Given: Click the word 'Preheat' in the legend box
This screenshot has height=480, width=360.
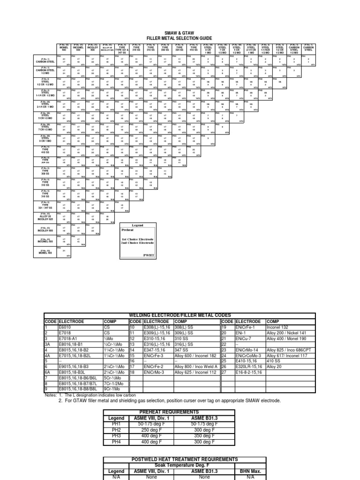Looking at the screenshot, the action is click(127, 230).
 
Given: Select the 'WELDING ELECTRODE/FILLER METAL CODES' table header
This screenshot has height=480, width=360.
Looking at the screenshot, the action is click(180, 315).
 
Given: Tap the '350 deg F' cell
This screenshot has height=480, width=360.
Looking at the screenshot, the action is click(204, 435).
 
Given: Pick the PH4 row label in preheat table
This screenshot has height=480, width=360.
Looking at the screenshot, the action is click(116, 442).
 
